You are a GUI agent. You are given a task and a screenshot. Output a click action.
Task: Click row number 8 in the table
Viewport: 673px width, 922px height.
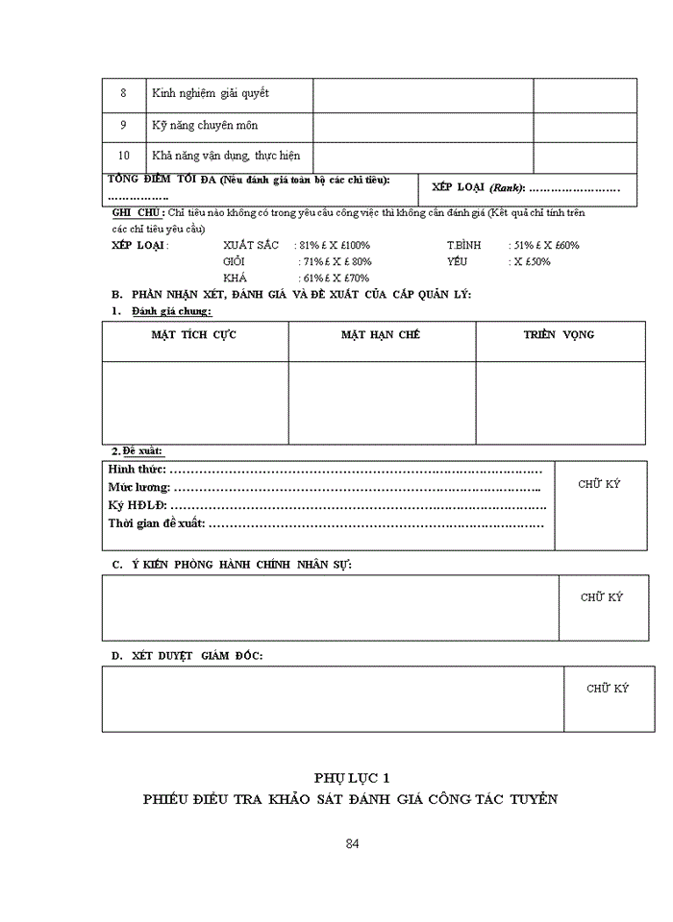(x=123, y=93)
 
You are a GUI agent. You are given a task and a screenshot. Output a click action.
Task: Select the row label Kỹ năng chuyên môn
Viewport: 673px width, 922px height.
(x=204, y=126)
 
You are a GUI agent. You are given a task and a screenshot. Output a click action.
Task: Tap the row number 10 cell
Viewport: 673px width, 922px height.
(x=123, y=156)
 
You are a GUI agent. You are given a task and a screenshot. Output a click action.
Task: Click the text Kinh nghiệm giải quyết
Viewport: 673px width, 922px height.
(x=210, y=93)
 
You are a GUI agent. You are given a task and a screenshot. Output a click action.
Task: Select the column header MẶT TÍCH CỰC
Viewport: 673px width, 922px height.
(x=194, y=335)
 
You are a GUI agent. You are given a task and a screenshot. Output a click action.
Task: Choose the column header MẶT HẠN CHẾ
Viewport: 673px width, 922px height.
(x=381, y=335)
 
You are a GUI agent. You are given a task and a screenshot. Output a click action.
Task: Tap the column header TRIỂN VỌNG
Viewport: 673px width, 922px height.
(x=559, y=335)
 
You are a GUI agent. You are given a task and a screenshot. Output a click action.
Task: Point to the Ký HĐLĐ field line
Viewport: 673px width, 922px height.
(x=327, y=505)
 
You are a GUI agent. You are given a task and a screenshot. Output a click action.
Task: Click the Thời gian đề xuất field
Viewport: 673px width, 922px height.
(x=327, y=523)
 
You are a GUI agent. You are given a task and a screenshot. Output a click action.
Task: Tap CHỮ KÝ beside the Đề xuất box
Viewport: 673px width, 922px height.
(x=599, y=484)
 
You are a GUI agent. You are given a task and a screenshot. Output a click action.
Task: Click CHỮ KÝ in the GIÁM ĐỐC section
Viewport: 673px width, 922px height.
(x=608, y=689)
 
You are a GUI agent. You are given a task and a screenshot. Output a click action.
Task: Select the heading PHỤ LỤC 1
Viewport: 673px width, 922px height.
(x=351, y=777)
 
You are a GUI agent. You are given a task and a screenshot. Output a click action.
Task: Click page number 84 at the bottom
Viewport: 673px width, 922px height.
(x=352, y=844)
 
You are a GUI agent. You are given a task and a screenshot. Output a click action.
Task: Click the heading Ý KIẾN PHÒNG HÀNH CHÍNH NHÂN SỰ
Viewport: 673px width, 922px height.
(x=231, y=564)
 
